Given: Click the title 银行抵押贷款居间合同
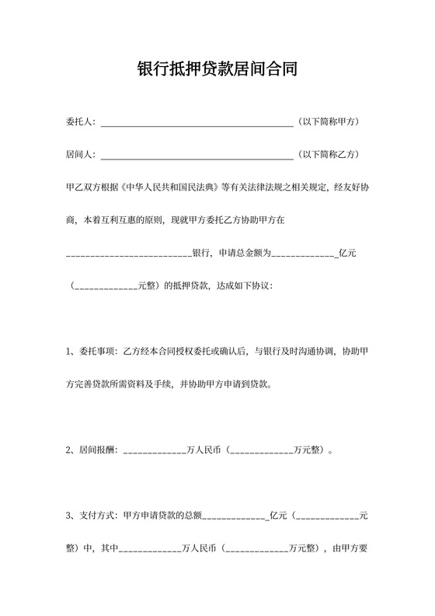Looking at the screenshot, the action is [x=217, y=70].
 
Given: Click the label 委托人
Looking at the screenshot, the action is [x=79, y=122].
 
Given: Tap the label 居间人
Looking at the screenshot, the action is [x=79, y=155].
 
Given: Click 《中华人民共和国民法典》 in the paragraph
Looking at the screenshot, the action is [x=169, y=187].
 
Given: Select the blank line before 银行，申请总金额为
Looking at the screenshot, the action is [x=129, y=254].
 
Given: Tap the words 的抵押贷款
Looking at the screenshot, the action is [x=185, y=285].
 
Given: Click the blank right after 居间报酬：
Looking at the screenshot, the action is [x=155, y=450].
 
